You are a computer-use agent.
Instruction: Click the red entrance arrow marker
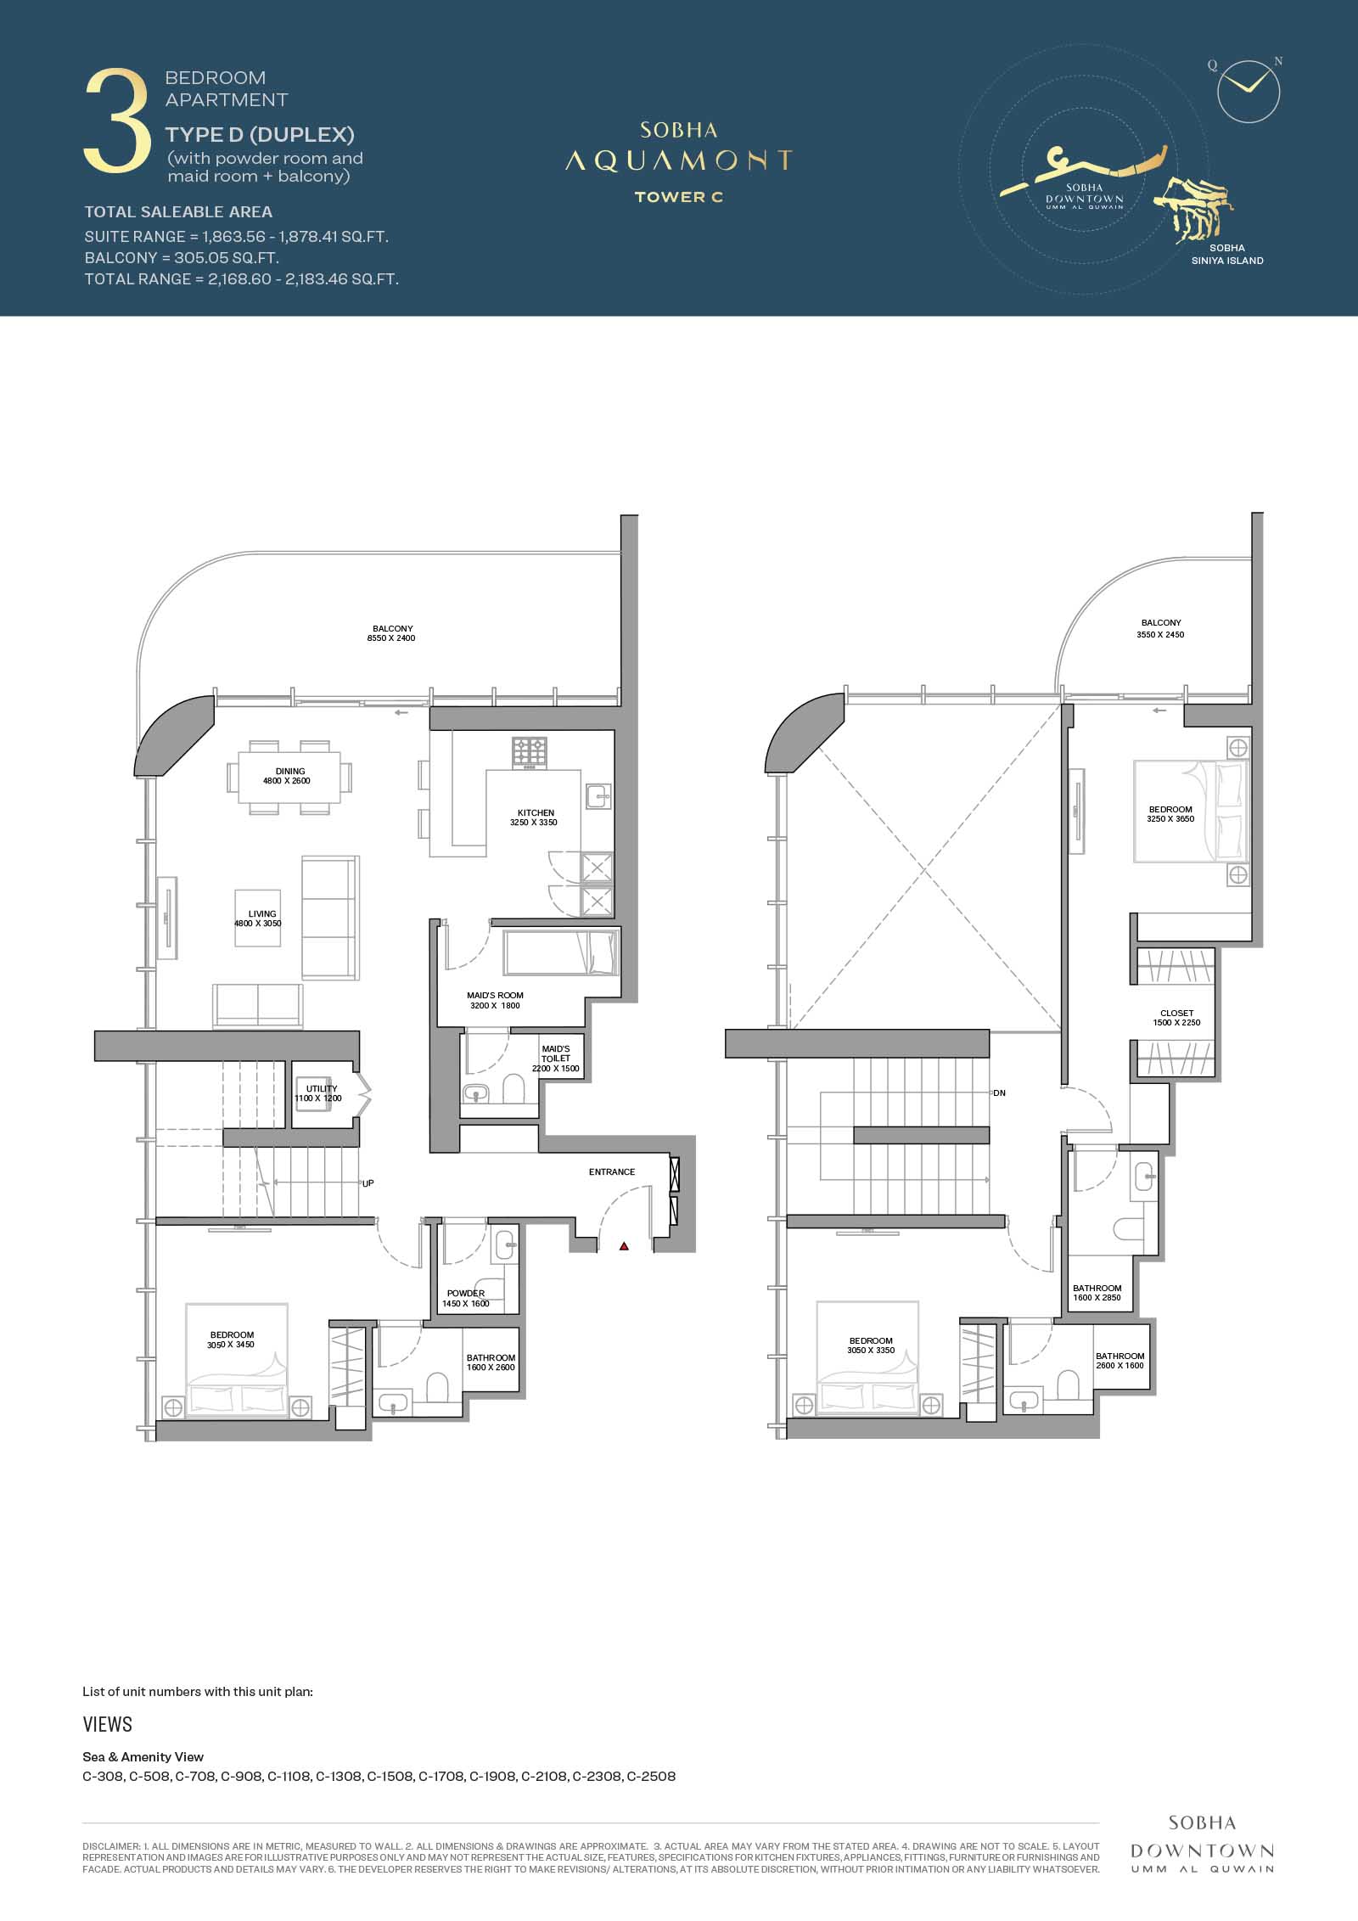(x=624, y=1246)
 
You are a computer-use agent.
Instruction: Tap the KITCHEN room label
(x=536, y=812)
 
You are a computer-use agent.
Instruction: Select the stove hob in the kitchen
(x=530, y=752)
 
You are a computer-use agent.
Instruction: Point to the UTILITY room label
(x=322, y=1088)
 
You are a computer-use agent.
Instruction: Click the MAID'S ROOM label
(x=495, y=995)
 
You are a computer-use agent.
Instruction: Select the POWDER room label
(x=466, y=1294)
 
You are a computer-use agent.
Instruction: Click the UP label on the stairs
(x=368, y=1182)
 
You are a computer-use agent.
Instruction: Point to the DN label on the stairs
(x=1000, y=1092)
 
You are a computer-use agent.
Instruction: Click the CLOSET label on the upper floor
(x=1177, y=1013)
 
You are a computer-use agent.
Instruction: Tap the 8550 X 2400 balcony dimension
(x=391, y=638)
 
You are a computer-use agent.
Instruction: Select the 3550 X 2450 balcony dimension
(x=1161, y=634)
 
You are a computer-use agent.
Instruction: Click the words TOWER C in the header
(x=679, y=197)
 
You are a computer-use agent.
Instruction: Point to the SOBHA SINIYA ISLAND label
(x=1227, y=255)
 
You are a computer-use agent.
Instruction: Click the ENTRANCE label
(x=612, y=1171)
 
